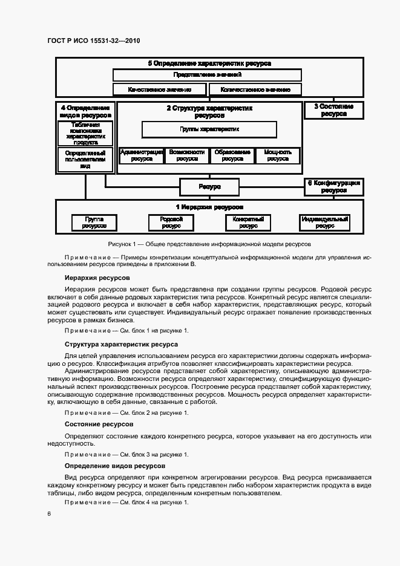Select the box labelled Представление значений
208,75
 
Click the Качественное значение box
160,89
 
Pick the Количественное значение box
255,89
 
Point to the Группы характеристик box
209,129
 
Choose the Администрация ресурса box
141,156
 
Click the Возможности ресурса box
187,156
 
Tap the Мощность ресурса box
278,156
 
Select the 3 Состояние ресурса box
333,110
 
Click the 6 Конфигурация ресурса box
333,186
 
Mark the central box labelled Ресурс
209,187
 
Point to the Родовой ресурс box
171,223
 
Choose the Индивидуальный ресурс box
324,223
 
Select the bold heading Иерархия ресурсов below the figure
97,278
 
